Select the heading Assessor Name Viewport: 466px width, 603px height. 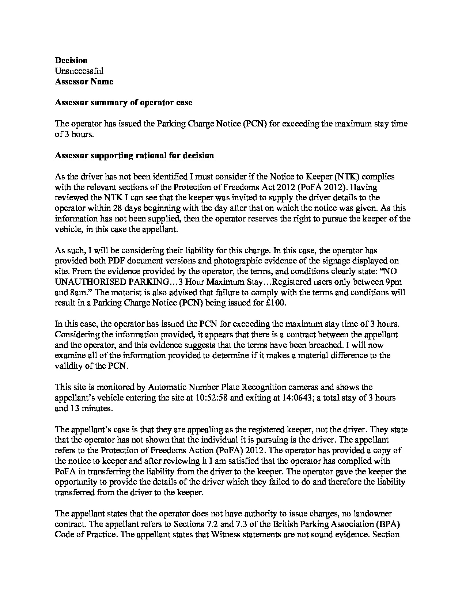pyautogui.click(x=84, y=81)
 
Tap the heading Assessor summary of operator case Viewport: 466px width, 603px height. pyautogui.click(x=123, y=103)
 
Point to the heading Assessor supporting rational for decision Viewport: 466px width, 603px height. pyautogui.click(x=134, y=156)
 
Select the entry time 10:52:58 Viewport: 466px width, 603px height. pyautogui.click(x=213, y=398)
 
